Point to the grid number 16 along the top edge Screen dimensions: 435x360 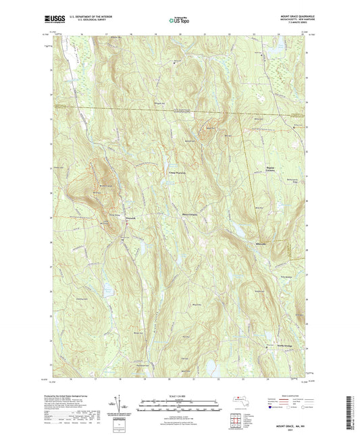pos(80,32)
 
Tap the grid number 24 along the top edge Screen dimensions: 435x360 pos(277,32)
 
